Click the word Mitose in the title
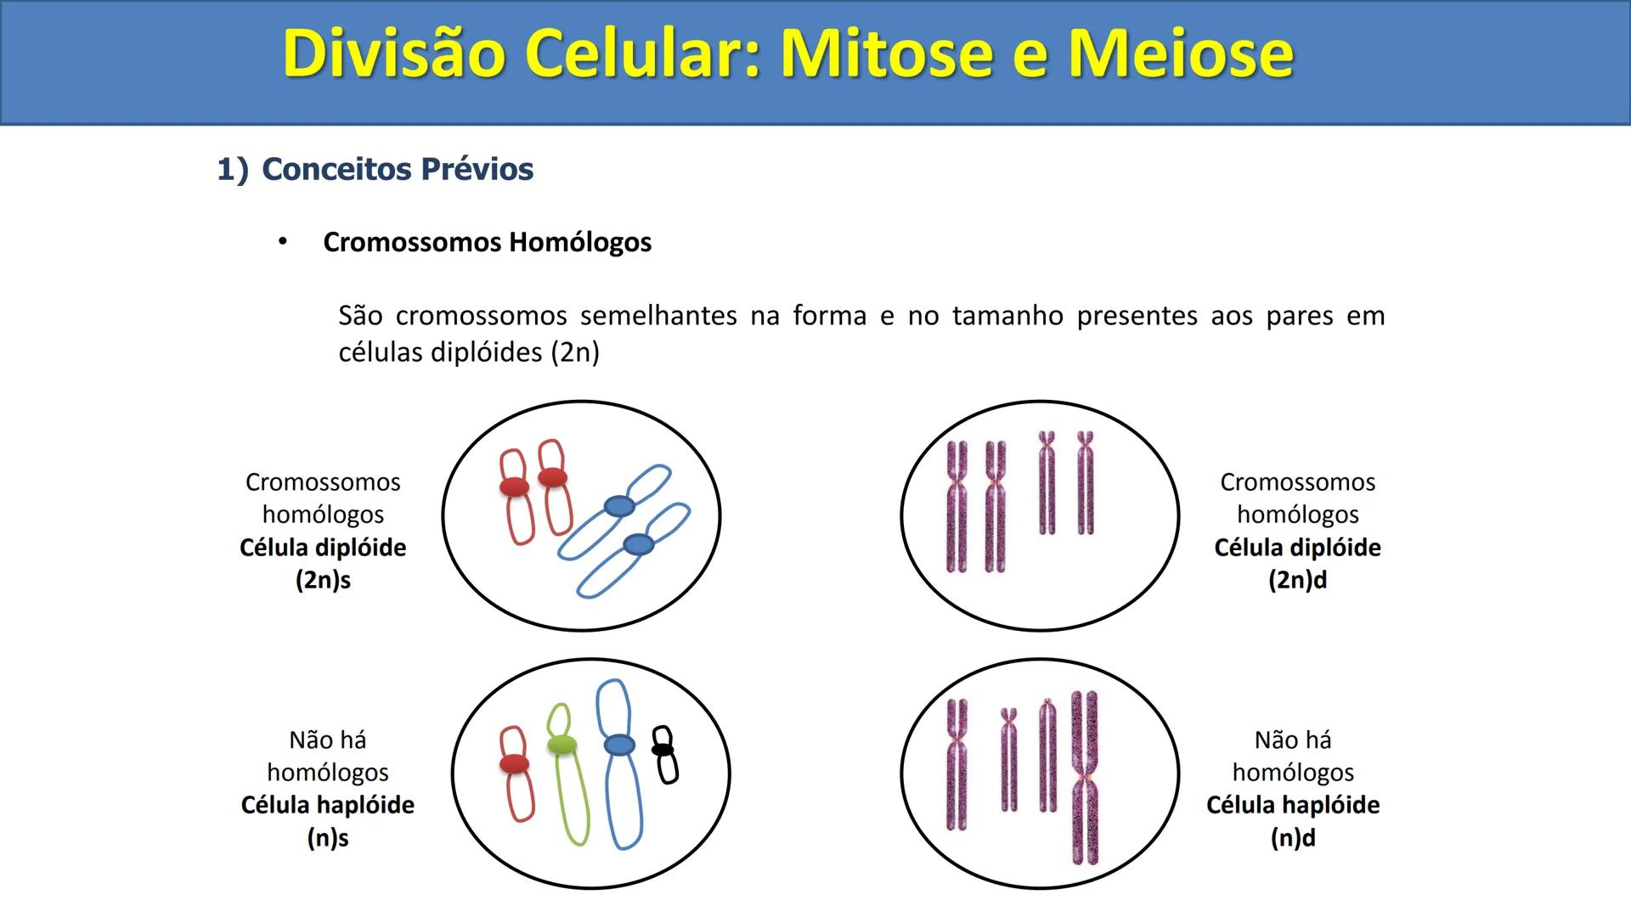pyautogui.click(x=886, y=53)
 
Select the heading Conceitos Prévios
pyautogui.click(x=397, y=169)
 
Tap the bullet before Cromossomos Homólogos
pyautogui.click(x=283, y=242)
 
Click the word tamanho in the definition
pyautogui.click(x=1007, y=316)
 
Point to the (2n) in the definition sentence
pyautogui.click(x=576, y=352)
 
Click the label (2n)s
pyautogui.click(x=323, y=580)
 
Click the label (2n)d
pyautogui.click(x=1297, y=580)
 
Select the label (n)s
pyautogui.click(x=328, y=838)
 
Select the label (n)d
pyautogui.click(x=1293, y=838)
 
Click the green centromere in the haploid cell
pyautogui.click(x=562, y=745)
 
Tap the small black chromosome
pyautogui.click(x=664, y=754)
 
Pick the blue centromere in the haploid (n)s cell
pyautogui.click(x=619, y=745)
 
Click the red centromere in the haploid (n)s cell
pyautogui.click(x=514, y=764)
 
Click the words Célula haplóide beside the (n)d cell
pyautogui.click(x=1293, y=805)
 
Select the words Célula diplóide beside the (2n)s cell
pyautogui.click(x=323, y=548)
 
